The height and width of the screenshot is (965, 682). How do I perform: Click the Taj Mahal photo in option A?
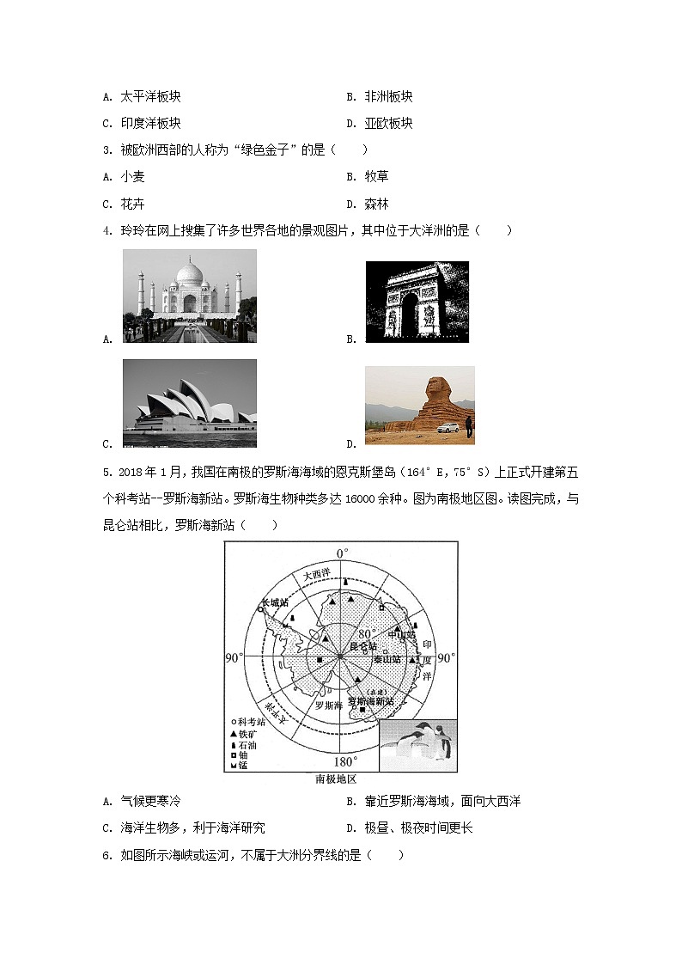pos(189,296)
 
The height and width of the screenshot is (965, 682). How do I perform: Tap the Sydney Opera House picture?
pos(189,403)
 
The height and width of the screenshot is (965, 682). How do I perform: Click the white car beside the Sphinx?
pos(447,428)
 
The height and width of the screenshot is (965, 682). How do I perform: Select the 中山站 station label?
pos(401,634)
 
